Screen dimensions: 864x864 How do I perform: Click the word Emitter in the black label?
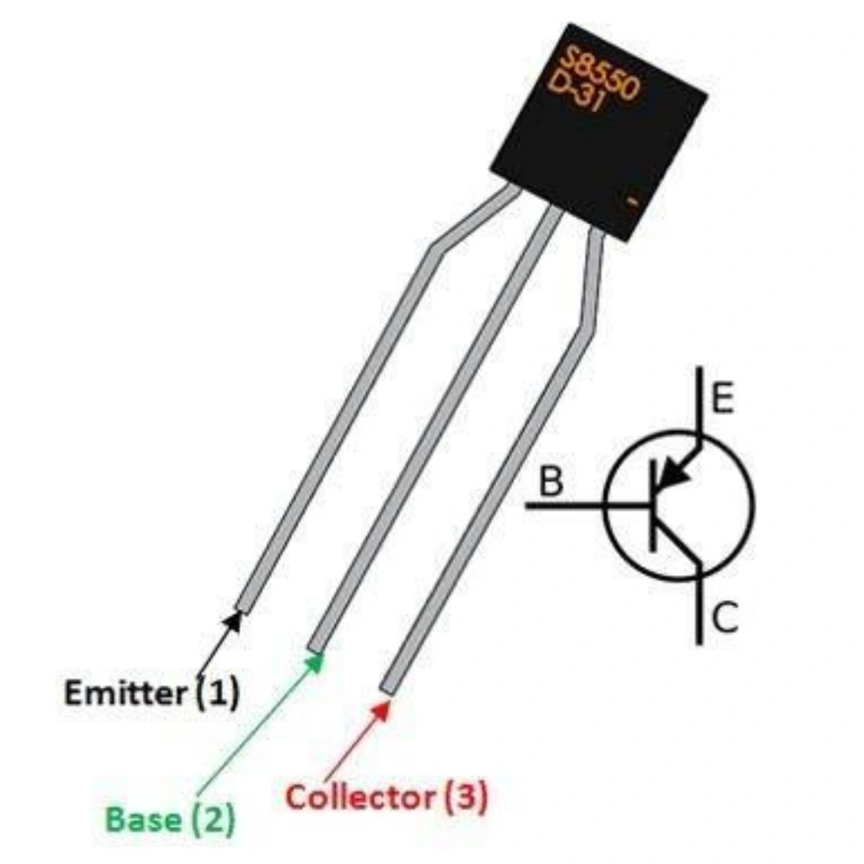click(x=125, y=694)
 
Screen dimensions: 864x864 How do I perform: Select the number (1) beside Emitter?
click(x=218, y=694)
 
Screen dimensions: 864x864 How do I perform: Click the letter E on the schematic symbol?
click(x=721, y=400)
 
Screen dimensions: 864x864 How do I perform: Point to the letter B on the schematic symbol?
click(x=550, y=483)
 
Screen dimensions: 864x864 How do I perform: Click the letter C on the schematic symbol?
click(x=724, y=619)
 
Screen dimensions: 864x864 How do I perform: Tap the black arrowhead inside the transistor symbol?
click(x=672, y=478)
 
